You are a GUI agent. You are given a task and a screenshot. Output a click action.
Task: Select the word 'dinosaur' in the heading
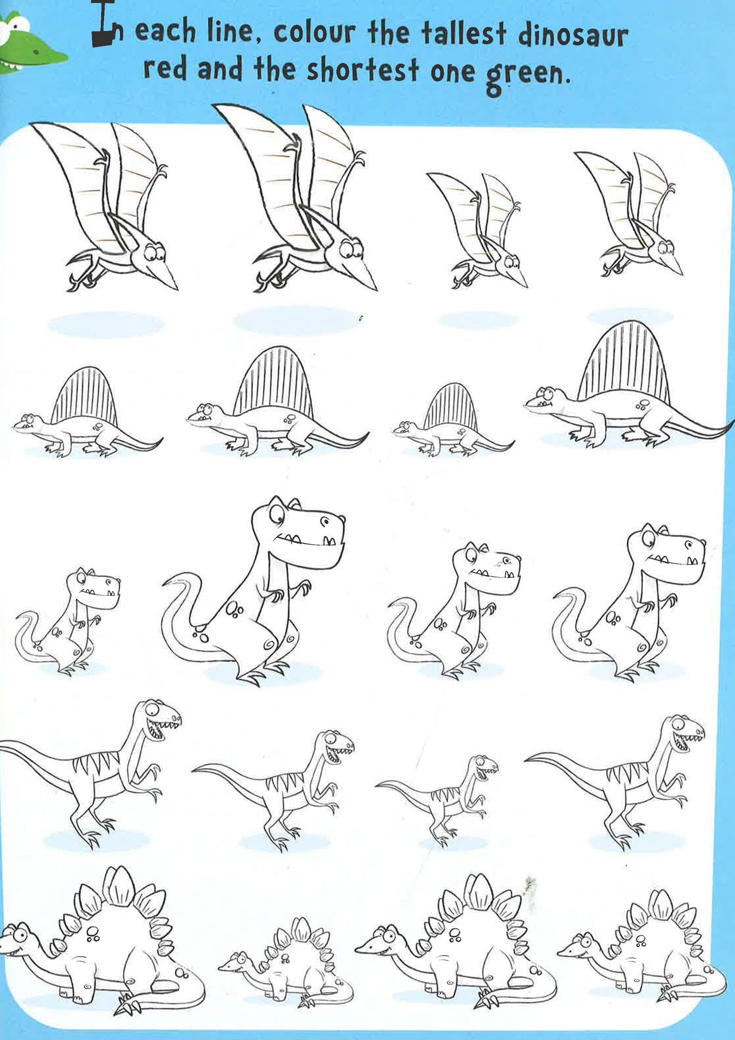click(572, 35)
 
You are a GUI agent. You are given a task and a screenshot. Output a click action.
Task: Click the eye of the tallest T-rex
click(275, 514)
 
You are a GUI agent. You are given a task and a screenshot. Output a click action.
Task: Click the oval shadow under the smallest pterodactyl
click(478, 320)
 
